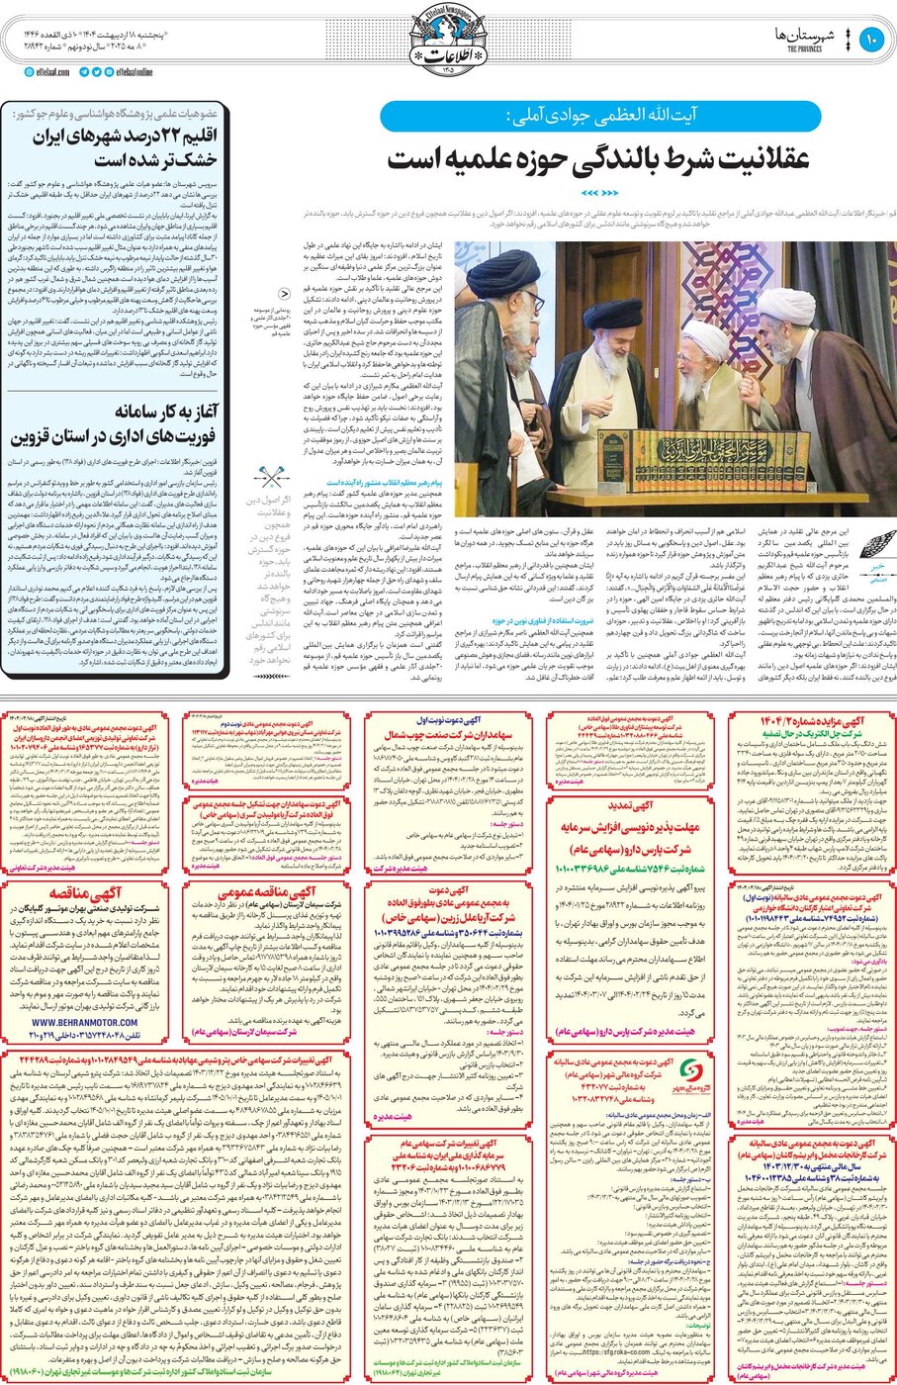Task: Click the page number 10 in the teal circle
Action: [870, 41]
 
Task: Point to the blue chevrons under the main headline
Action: [599, 192]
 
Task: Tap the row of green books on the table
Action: [692, 461]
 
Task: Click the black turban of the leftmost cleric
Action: [503, 272]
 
